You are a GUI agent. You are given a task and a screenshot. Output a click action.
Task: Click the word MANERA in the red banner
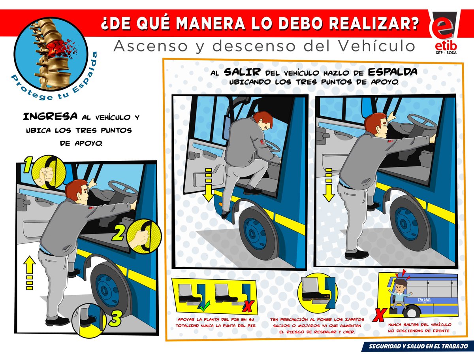point(210,23)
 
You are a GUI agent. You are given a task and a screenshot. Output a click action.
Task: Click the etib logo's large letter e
point(441,30)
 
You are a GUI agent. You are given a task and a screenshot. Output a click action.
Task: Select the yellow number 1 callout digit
point(28,164)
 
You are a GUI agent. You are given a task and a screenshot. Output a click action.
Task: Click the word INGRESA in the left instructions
point(50,117)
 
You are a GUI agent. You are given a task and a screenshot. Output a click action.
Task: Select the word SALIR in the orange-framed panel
point(242,72)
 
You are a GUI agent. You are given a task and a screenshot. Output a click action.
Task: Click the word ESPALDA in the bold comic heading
point(393,72)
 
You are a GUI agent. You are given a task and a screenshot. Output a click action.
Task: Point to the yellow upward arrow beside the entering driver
point(29,273)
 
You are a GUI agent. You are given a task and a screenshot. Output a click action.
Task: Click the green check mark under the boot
point(205,307)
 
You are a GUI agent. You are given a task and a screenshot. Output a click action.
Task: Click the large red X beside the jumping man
point(380,315)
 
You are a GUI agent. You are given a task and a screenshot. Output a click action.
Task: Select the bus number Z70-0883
point(424,300)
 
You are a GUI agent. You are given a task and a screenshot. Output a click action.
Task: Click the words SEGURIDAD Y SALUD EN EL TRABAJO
point(418,347)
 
